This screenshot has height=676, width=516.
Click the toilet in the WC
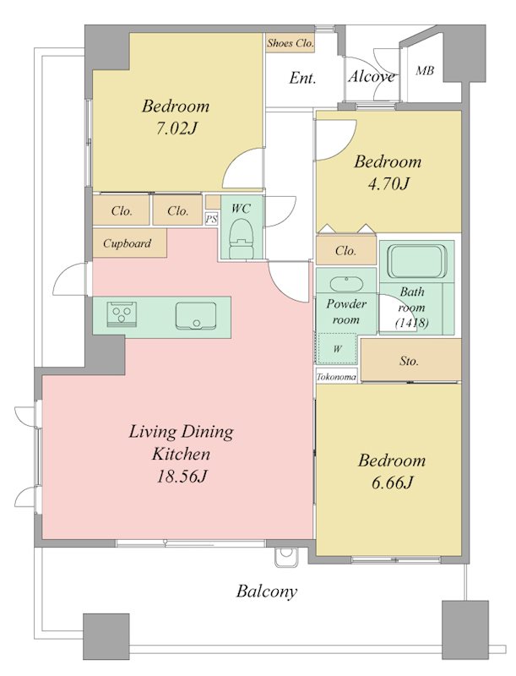tap(241, 238)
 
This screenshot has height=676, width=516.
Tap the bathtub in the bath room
tap(416, 261)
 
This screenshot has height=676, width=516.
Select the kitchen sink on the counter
tap(196, 316)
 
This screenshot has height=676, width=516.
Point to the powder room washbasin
tap(346, 284)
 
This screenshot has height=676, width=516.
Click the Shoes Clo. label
tap(290, 43)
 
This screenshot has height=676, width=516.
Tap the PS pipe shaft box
tap(211, 219)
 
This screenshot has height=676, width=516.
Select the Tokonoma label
tap(336, 377)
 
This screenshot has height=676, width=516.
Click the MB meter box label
tap(425, 70)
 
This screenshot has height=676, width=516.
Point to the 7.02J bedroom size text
tap(177, 128)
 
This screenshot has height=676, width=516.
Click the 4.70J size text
tap(388, 183)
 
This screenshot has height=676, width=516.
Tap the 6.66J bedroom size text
tap(392, 482)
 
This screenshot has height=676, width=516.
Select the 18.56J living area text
tap(182, 476)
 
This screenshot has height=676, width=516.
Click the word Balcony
tap(267, 591)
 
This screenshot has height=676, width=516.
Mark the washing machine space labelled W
tap(337, 348)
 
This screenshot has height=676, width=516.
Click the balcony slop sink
tap(285, 557)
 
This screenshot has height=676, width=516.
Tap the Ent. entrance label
tap(303, 78)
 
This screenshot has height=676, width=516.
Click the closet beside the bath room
tap(346, 250)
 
